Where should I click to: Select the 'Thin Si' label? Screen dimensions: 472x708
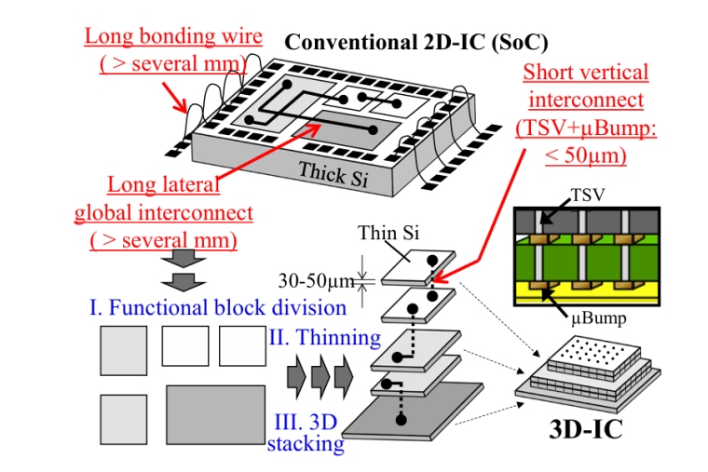tap(385, 234)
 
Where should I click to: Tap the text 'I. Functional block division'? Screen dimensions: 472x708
tap(218, 306)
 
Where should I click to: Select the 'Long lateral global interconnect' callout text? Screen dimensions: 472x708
tap(163, 212)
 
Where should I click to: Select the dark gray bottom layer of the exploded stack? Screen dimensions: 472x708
tap(419, 424)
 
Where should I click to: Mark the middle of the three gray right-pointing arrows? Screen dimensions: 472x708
tap(318, 375)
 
